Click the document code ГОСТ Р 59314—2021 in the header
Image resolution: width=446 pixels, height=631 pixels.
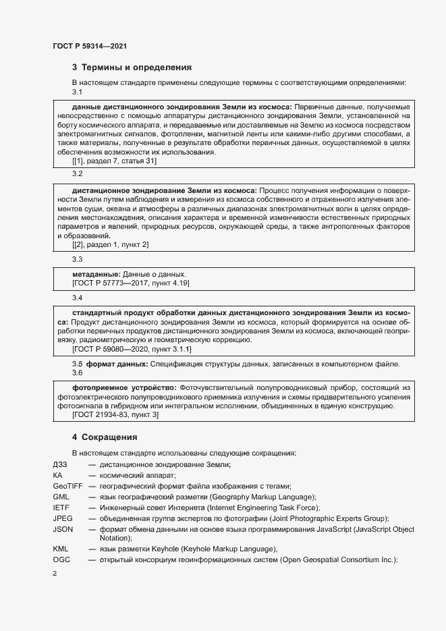90,46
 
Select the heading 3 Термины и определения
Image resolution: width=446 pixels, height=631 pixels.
132,67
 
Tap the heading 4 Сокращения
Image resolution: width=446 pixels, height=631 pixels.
109,437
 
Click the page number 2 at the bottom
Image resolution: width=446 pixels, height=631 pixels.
55,574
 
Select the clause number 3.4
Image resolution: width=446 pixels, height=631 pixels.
77,298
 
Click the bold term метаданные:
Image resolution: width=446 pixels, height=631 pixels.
96,275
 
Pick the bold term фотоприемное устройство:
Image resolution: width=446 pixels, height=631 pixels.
124,387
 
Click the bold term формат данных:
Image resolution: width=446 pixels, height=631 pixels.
117,364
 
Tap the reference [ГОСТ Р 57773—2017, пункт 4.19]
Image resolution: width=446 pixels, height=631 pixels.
130,284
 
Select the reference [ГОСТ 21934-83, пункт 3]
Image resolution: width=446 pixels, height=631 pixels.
115,415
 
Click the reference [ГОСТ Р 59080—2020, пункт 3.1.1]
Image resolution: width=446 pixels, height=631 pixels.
132,350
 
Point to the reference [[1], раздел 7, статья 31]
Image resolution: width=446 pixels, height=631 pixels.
114,161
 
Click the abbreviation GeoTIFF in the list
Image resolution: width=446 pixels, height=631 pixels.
67,486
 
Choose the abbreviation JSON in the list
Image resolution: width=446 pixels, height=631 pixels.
63,529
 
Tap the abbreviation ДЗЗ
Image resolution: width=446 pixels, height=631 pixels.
60,464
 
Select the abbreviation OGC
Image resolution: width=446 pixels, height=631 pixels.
61,560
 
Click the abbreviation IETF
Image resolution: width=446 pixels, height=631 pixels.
61,507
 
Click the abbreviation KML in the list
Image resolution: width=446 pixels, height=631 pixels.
61,549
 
